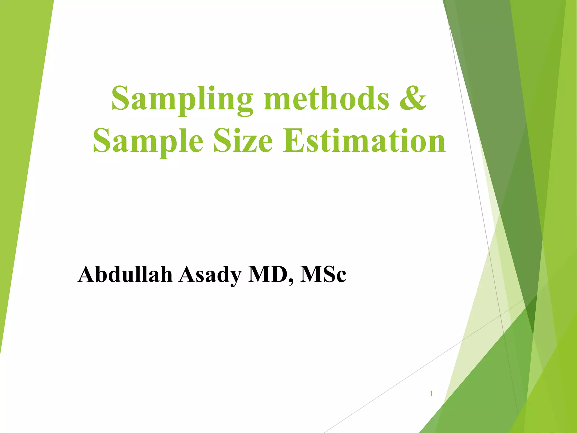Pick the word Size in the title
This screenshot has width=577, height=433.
[x=243, y=140]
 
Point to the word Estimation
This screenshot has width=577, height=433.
[x=364, y=140]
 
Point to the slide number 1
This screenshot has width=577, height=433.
[x=431, y=393]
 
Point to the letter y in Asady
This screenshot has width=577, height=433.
[x=234, y=278]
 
